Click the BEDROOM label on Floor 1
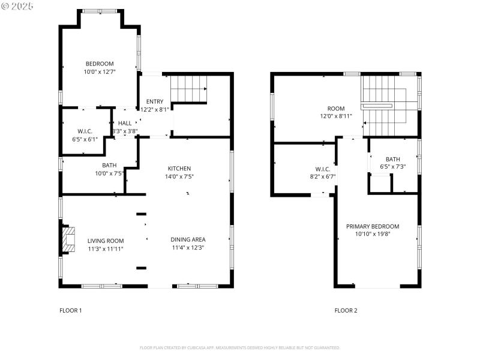[x=100, y=64]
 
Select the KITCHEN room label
[x=179, y=169]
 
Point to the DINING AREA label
[x=188, y=240]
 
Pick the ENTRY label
[x=154, y=101]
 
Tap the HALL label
[x=125, y=123]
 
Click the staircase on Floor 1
[x=189, y=89]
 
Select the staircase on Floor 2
[x=384, y=106]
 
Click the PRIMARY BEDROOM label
[x=373, y=226]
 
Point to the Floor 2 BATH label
[x=393, y=159]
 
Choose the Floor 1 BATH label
[x=109, y=166]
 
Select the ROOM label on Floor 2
[x=336, y=109]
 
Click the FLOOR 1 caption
[x=71, y=310]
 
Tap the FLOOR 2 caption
[x=346, y=310]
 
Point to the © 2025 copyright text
[x=18, y=6]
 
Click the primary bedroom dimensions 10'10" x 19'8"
[x=373, y=234]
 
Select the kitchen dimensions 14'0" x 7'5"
[x=179, y=176]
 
